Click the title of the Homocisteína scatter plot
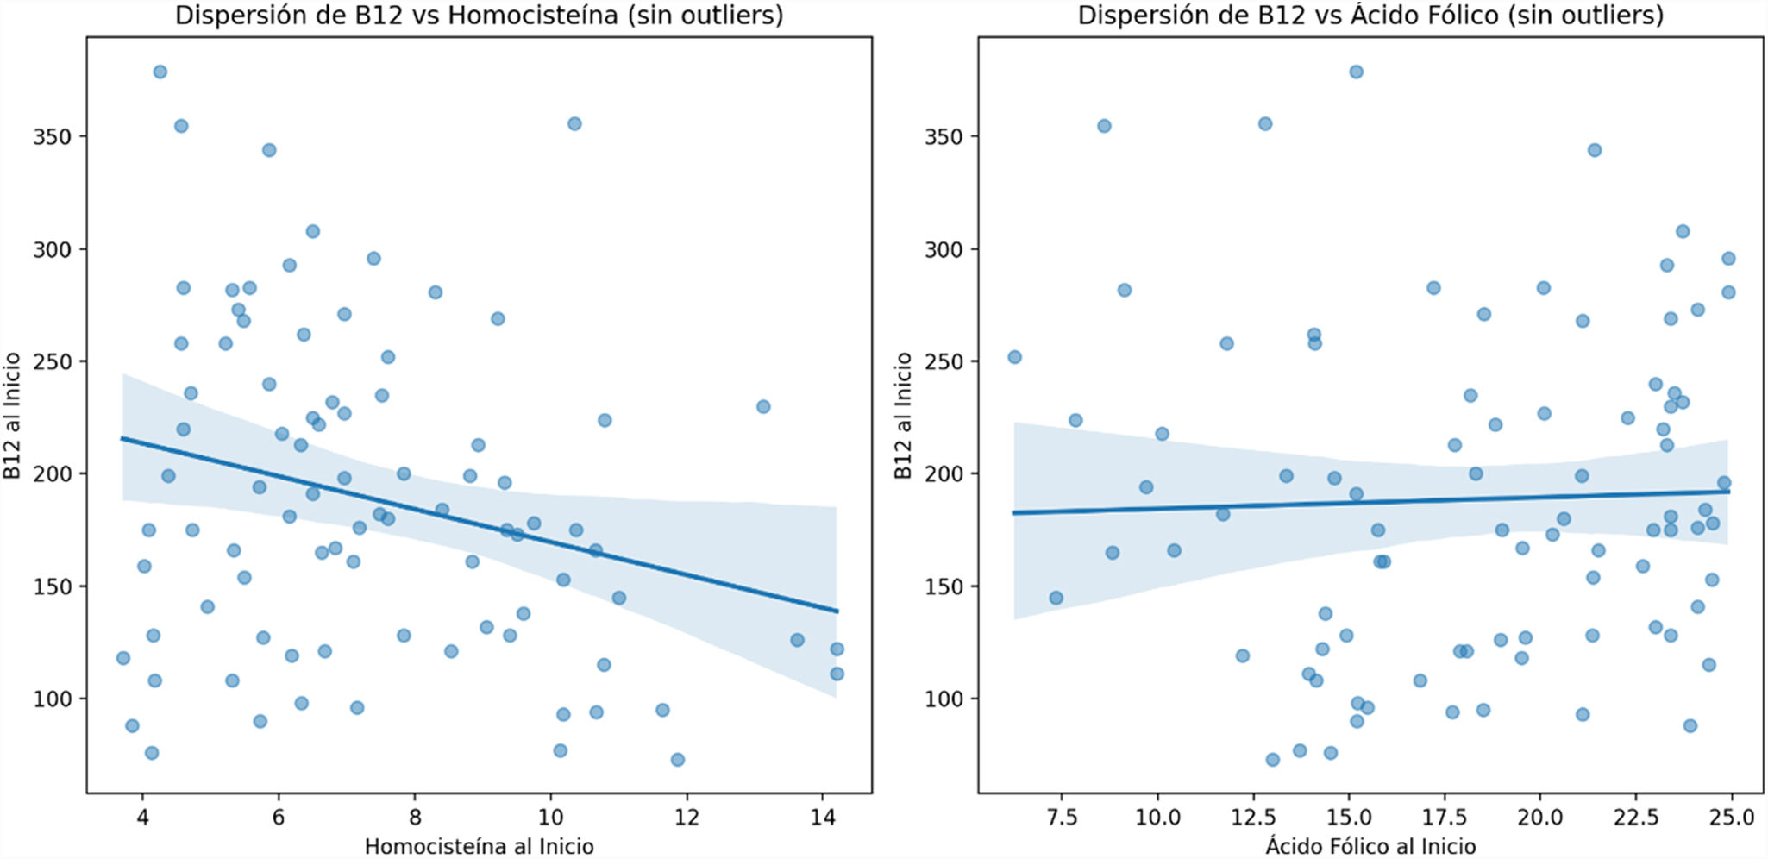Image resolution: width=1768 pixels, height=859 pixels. click(x=479, y=16)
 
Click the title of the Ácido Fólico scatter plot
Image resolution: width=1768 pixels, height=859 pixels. click(x=1370, y=16)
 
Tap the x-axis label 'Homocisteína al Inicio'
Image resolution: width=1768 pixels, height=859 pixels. click(x=479, y=846)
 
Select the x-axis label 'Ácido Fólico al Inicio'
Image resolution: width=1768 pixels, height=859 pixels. click(x=1370, y=846)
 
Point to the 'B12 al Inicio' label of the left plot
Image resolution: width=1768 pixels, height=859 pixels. click(x=12, y=416)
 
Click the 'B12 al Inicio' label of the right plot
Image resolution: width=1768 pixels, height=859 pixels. click(x=903, y=416)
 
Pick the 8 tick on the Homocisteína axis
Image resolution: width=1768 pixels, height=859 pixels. click(x=415, y=816)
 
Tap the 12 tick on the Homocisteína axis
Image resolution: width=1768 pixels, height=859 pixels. click(x=687, y=816)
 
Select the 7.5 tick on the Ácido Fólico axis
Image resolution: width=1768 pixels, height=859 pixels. click(x=1062, y=816)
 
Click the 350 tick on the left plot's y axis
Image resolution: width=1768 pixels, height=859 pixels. click(x=51, y=136)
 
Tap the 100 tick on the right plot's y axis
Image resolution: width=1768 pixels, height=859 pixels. click(x=943, y=699)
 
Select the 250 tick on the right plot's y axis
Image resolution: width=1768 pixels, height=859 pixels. click(x=943, y=361)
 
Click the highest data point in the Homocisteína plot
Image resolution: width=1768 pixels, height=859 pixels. click(x=160, y=72)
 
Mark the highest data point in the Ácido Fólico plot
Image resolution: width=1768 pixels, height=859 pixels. click(x=1356, y=72)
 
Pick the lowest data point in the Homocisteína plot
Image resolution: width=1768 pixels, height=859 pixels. click(x=678, y=760)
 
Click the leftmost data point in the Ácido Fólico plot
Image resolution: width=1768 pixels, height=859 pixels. click(x=1014, y=357)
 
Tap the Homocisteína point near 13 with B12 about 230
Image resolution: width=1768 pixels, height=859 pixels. click(x=763, y=406)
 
